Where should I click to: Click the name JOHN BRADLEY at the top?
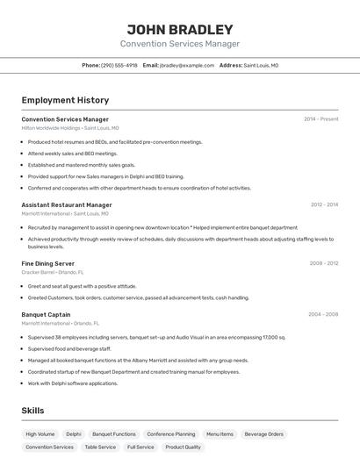click(x=180, y=29)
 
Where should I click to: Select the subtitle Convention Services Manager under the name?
click(x=180, y=44)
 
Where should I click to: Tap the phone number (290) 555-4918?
click(x=119, y=66)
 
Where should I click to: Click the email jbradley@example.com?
click(x=187, y=66)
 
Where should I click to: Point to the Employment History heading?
click(x=65, y=101)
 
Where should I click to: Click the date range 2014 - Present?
click(x=321, y=119)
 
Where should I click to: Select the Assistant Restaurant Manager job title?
click(x=67, y=205)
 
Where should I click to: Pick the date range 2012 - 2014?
click(x=324, y=204)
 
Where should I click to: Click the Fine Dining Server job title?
click(x=48, y=263)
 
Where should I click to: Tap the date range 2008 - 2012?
click(x=324, y=263)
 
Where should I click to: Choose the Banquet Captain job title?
click(x=46, y=314)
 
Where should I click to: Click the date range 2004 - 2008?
click(x=323, y=314)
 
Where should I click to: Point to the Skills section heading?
click(x=32, y=411)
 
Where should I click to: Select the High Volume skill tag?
click(x=40, y=434)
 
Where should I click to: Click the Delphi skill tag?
click(x=74, y=434)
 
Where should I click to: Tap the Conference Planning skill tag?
click(x=171, y=434)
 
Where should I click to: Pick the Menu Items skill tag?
click(x=220, y=434)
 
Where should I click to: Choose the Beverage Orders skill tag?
click(x=264, y=434)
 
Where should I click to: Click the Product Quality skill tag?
click(x=184, y=447)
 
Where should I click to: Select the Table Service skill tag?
click(x=100, y=447)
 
